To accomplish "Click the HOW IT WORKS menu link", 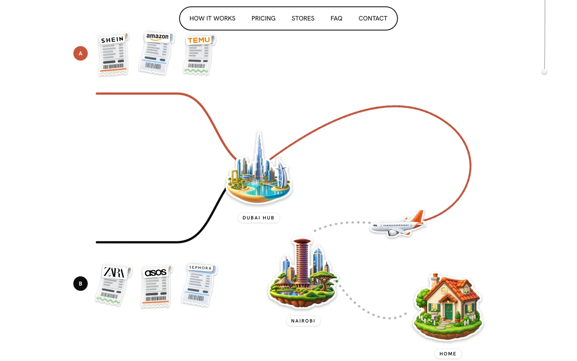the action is pyautogui.click(x=212, y=18).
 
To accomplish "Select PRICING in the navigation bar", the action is pyautogui.click(x=263, y=18).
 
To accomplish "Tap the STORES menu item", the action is pyautogui.click(x=303, y=18).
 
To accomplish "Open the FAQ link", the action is pyautogui.click(x=337, y=18).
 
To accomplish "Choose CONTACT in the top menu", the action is pyautogui.click(x=373, y=18).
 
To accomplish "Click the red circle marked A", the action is pyautogui.click(x=81, y=53).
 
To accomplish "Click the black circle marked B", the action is pyautogui.click(x=81, y=283).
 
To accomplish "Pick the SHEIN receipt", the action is pyautogui.click(x=113, y=54).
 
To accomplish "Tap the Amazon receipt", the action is pyautogui.click(x=156, y=53).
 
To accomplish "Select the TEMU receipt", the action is pyautogui.click(x=199, y=55).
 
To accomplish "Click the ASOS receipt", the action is pyautogui.click(x=156, y=286).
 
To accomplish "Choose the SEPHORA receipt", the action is pyautogui.click(x=199, y=284).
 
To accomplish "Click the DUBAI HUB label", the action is pyautogui.click(x=258, y=218).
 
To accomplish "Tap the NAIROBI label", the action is pyautogui.click(x=303, y=321).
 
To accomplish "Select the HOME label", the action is pyautogui.click(x=448, y=353).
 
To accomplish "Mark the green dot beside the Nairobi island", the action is pyautogui.click(x=337, y=281).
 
